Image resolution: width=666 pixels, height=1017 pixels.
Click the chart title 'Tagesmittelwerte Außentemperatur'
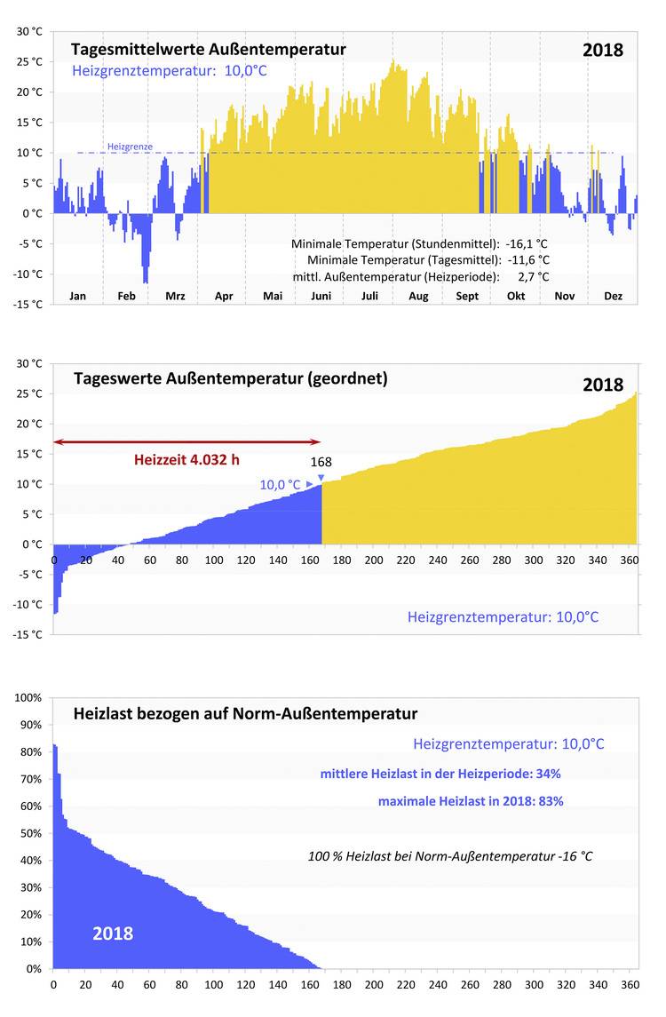[208, 49]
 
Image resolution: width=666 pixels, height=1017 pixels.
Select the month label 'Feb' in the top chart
[127, 296]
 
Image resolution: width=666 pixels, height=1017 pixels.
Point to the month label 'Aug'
[418, 296]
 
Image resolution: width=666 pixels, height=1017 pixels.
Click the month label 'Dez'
[613, 296]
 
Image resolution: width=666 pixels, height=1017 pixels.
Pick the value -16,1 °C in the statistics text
[527, 243]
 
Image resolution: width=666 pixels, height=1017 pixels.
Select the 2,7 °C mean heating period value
[533, 276]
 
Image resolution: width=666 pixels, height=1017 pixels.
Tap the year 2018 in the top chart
[603, 50]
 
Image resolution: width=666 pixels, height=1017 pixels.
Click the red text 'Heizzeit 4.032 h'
[186, 460]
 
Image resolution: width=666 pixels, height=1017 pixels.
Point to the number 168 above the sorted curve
[321, 463]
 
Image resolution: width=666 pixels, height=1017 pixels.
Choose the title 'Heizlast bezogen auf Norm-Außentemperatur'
[244, 713]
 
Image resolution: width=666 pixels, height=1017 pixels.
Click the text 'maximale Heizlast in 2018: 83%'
[471, 800]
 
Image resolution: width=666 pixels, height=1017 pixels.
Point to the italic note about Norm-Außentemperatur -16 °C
[450, 856]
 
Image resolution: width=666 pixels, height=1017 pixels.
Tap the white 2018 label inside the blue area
[113, 934]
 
